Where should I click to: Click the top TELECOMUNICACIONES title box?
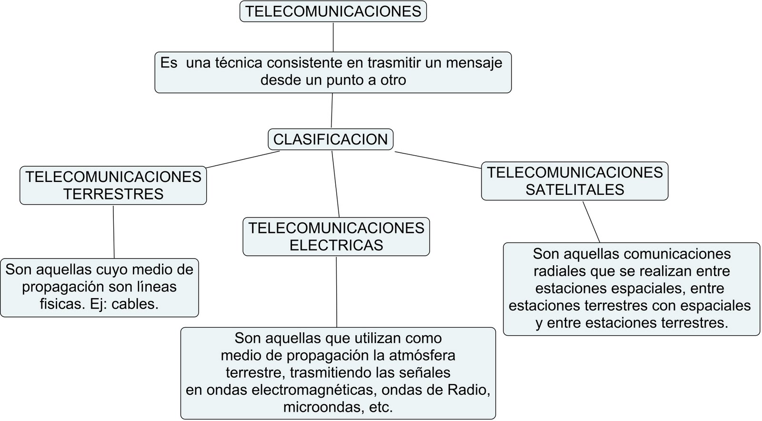[333, 11]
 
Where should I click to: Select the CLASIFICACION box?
[331, 140]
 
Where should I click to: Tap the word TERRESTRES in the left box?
[113, 194]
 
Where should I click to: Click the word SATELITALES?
[575, 190]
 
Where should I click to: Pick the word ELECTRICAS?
[336, 245]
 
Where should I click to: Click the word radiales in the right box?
[559, 271]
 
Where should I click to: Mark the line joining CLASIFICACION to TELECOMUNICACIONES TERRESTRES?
[243, 160]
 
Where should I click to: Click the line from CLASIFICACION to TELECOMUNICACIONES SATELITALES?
[438, 160]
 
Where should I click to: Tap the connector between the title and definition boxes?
[333, 37]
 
